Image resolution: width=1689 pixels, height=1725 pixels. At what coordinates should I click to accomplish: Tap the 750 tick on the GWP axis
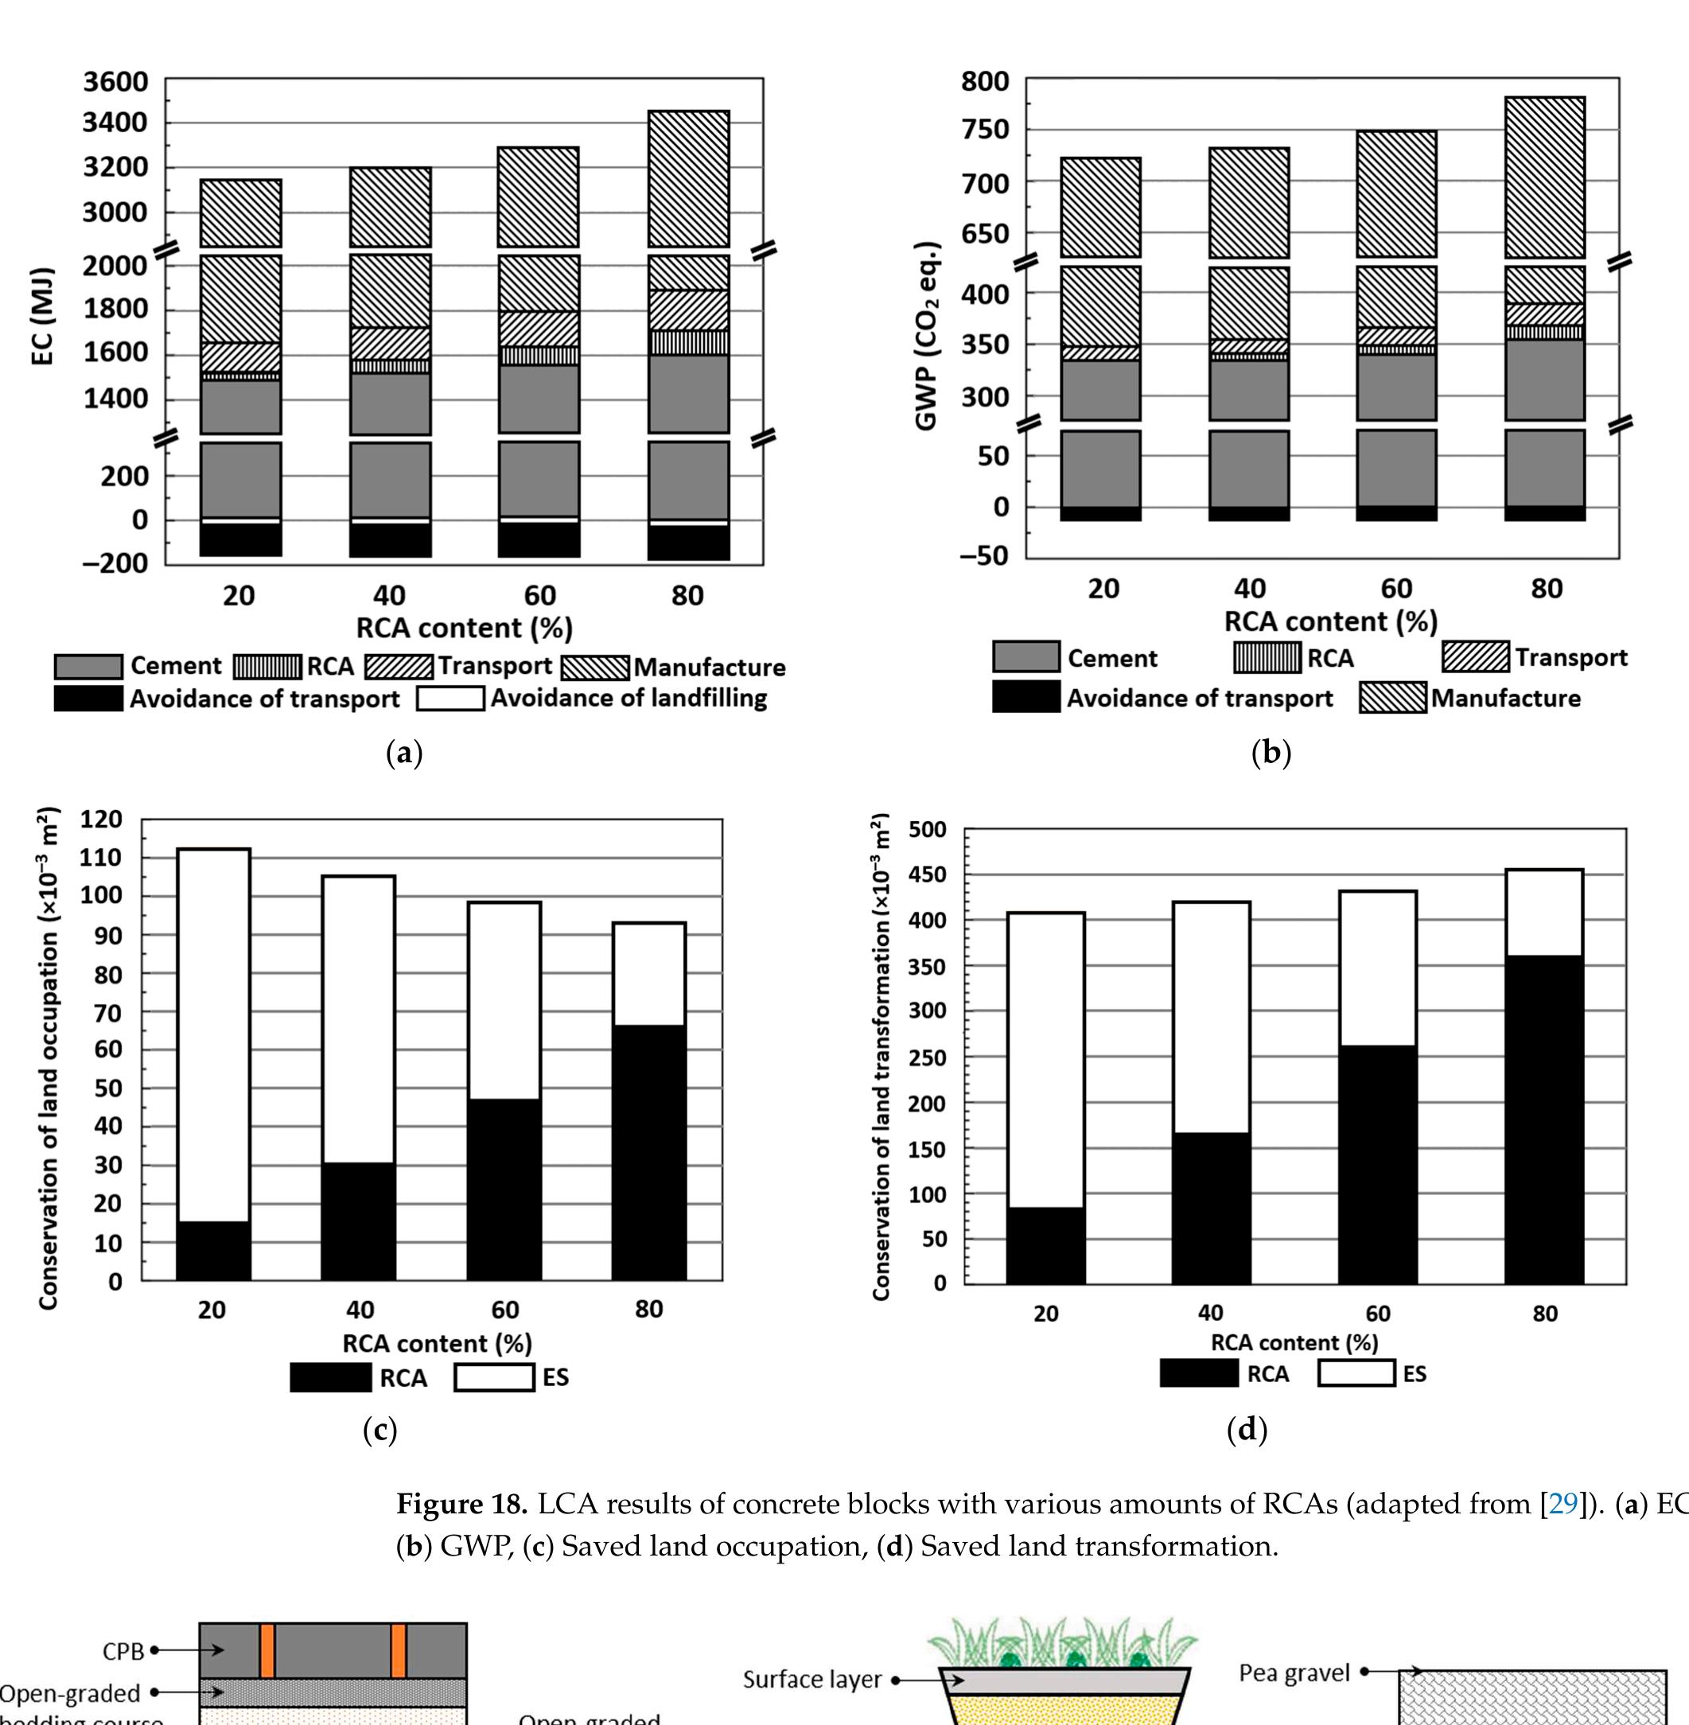985,130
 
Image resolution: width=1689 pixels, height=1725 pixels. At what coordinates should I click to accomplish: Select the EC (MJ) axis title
41,315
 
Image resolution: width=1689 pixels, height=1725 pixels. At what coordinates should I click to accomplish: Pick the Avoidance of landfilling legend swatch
450,699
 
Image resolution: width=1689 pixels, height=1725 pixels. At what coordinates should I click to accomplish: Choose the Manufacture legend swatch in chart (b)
1393,699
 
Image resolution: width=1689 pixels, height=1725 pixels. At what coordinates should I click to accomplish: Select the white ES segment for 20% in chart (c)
213,1034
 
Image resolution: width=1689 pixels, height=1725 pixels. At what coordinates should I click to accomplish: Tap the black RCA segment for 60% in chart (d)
1377,1164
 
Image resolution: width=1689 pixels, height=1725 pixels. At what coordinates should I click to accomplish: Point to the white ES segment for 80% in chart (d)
1543,912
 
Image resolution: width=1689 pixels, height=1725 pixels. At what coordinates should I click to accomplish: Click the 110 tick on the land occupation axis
101,857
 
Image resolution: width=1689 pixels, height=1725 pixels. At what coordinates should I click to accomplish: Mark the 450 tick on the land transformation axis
927,875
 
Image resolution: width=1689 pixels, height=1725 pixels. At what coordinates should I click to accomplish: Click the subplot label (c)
379,1430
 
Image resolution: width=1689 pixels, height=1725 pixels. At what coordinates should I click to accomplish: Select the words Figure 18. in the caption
461,1505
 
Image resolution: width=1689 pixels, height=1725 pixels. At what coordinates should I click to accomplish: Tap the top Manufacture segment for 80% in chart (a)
688,178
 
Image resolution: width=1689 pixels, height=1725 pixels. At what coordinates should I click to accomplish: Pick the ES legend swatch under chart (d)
1356,1373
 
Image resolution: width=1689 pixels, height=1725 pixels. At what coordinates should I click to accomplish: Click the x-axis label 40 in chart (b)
1249,588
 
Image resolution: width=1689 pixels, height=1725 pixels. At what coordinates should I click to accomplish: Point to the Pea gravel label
1294,1673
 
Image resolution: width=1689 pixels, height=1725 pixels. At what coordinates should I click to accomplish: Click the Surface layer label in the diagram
811,1680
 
